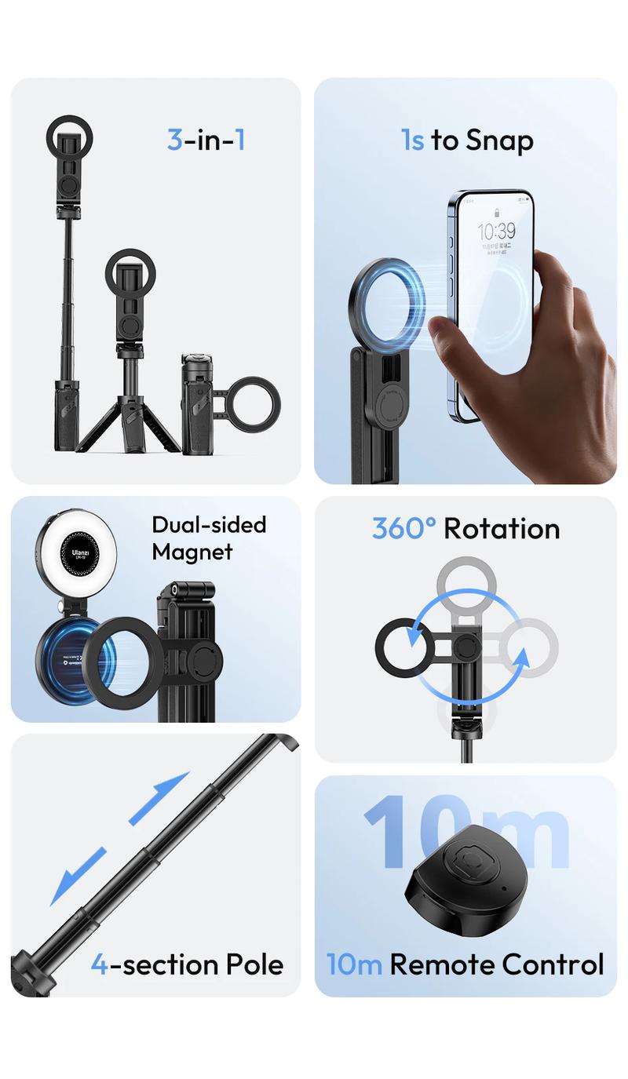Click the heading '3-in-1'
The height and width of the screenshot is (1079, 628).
click(206, 140)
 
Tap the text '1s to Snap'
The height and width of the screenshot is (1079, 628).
click(467, 140)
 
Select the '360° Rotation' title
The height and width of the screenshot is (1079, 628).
click(466, 529)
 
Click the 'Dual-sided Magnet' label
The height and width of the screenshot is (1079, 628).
click(209, 538)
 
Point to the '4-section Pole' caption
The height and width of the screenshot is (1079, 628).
click(187, 964)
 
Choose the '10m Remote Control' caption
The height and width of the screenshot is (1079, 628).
click(466, 964)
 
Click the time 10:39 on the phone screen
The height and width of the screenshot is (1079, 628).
click(497, 231)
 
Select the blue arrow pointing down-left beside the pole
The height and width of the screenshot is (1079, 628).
click(78, 876)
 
